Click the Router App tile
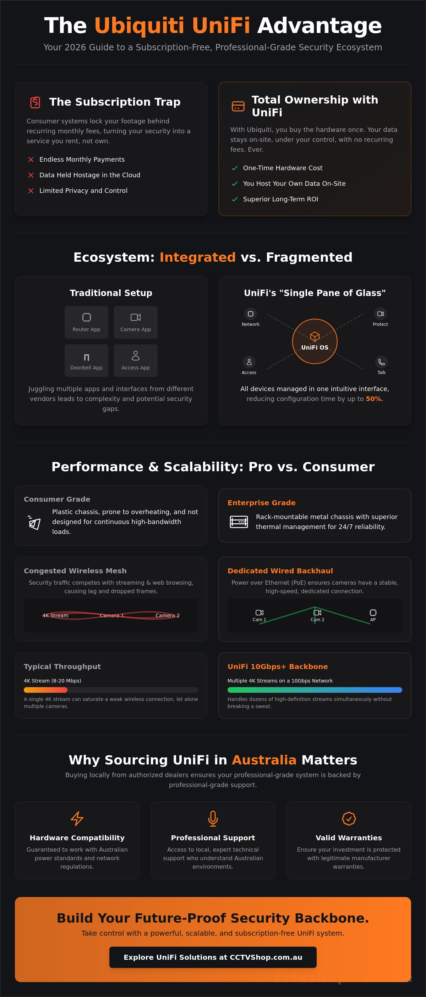86,322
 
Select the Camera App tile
136,322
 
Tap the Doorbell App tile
86,360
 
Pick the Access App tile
136,360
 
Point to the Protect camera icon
381,313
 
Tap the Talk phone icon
381,362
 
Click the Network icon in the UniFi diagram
250,313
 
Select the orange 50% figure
373,399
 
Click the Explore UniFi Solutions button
213,957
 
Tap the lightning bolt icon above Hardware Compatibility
77,819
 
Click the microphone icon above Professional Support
213,819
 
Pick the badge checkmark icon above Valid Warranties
349,819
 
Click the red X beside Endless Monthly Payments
31,160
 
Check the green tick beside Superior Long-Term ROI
235,199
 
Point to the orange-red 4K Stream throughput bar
46,690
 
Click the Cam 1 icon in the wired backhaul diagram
259,612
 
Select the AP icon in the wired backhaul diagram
373,612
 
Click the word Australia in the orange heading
264,760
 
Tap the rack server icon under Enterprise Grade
239,522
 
